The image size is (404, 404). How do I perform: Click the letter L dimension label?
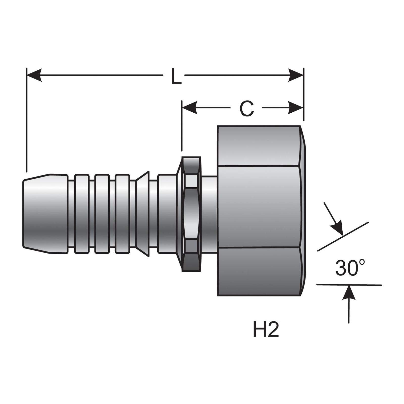176,76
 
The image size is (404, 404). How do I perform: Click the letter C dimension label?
246,109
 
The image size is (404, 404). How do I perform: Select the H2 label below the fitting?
266,330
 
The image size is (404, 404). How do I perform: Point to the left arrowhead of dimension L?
34,75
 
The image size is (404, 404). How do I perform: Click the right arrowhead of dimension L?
296,75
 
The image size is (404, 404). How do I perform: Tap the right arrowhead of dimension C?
296,108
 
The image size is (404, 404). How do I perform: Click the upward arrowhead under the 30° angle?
349,293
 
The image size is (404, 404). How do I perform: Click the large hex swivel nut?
261,211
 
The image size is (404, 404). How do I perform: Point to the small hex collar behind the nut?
191,214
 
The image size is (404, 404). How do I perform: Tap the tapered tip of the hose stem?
45,214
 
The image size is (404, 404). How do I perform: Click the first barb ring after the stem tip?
81,214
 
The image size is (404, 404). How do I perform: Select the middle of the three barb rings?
102,214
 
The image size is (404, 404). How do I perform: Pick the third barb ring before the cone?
122,214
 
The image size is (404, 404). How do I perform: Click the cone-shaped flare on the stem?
142,214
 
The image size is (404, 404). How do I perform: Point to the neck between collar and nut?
209,214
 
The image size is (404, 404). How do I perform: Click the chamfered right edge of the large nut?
303,211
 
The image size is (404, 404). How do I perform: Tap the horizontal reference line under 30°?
349,285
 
